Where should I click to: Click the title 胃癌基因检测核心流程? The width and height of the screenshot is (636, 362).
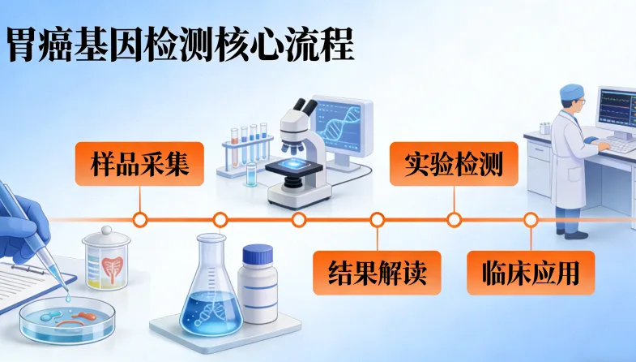(181, 45)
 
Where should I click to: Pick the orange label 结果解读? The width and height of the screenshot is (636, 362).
(378, 272)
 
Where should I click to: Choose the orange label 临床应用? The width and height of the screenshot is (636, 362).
(531, 272)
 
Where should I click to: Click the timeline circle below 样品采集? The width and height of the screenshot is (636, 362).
(140, 219)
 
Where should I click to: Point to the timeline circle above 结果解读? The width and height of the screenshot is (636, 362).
(378, 219)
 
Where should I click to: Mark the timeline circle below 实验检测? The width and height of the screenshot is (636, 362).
(455, 219)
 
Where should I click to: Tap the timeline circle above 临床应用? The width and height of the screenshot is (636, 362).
(531, 219)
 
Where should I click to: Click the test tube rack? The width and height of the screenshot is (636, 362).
(248, 150)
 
